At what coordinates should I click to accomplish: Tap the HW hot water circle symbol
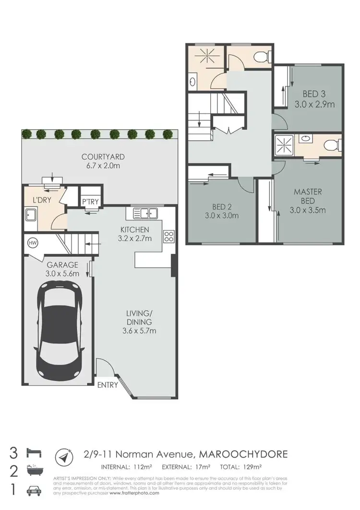coord(33,243)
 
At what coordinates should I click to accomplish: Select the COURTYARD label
coord(96,157)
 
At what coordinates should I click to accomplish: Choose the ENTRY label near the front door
coord(107,385)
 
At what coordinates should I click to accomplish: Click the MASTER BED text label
coord(308,196)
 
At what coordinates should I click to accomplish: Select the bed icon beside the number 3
coord(36,453)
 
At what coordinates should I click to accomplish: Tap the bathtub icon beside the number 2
coord(36,472)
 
